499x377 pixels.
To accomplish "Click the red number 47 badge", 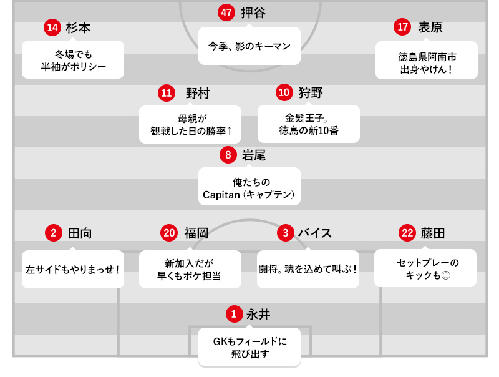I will (x=226, y=12).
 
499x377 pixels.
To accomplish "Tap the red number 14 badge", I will (x=52, y=27).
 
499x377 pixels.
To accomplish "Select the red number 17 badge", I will (x=402, y=27).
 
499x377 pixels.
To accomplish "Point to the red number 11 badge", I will (x=166, y=93).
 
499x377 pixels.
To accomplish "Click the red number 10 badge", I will (x=284, y=92).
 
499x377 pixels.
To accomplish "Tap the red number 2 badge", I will (x=54, y=233).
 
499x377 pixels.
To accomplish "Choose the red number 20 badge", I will (x=169, y=233).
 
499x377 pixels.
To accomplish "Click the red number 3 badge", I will (x=284, y=233).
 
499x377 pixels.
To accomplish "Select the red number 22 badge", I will (x=407, y=233).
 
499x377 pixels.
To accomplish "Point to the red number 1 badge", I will (x=233, y=313).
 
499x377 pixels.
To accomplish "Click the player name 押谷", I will (x=253, y=12).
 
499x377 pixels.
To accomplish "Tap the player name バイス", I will (x=314, y=233).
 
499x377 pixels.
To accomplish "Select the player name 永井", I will (x=258, y=313).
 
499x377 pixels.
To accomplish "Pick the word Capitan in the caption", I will (x=220, y=195).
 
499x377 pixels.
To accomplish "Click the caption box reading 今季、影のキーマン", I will (x=249, y=46).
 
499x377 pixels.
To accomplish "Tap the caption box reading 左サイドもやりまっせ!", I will (x=72, y=270).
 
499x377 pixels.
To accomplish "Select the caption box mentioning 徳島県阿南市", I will (x=427, y=61).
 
